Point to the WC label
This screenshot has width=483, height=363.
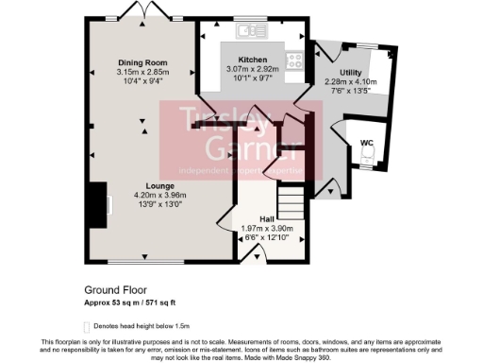click(366, 143)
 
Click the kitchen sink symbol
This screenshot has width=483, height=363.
click(251, 30)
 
